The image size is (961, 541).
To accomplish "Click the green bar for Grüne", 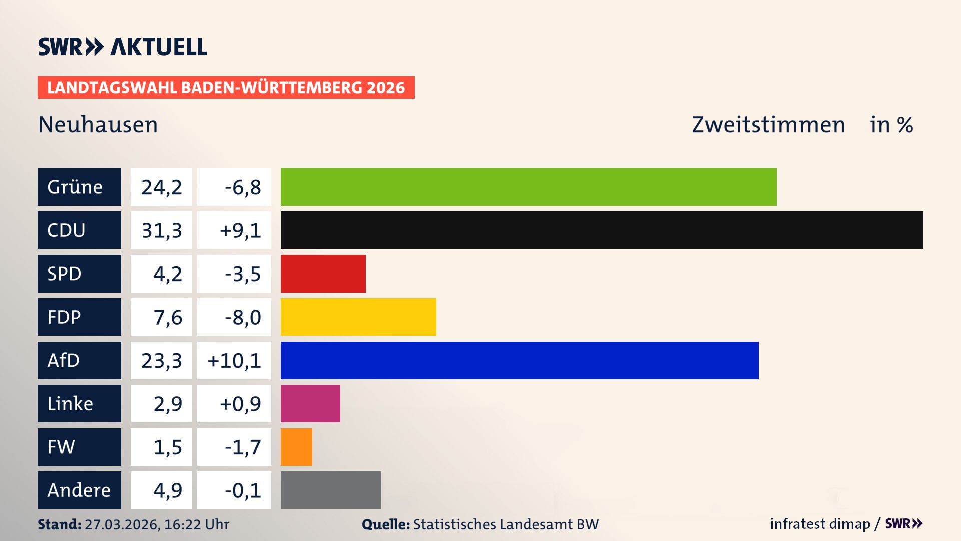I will point(528,187).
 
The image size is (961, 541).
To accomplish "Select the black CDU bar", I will point(602,230).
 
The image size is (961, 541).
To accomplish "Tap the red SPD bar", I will point(323,274).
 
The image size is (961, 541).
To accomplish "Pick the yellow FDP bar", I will point(358,317).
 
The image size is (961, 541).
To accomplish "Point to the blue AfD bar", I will point(519,360).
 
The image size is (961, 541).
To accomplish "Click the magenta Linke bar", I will point(310,403).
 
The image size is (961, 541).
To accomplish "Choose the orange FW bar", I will point(296,447).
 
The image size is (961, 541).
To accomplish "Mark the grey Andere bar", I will point(331,490).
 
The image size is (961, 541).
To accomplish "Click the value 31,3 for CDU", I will point(161,230).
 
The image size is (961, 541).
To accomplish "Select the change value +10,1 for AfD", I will point(234,360).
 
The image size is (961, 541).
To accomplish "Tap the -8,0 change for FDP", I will point(243,317).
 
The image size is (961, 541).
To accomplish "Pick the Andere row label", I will point(79,490).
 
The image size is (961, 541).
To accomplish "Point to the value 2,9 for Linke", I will point(167,404).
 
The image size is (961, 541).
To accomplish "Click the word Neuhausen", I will point(98,125).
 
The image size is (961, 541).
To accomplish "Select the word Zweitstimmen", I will point(768,125).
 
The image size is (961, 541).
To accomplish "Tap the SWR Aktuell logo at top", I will point(123,47).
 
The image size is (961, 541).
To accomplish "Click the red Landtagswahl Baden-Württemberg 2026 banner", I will point(226,88).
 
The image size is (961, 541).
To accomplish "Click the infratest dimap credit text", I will point(820,524).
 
